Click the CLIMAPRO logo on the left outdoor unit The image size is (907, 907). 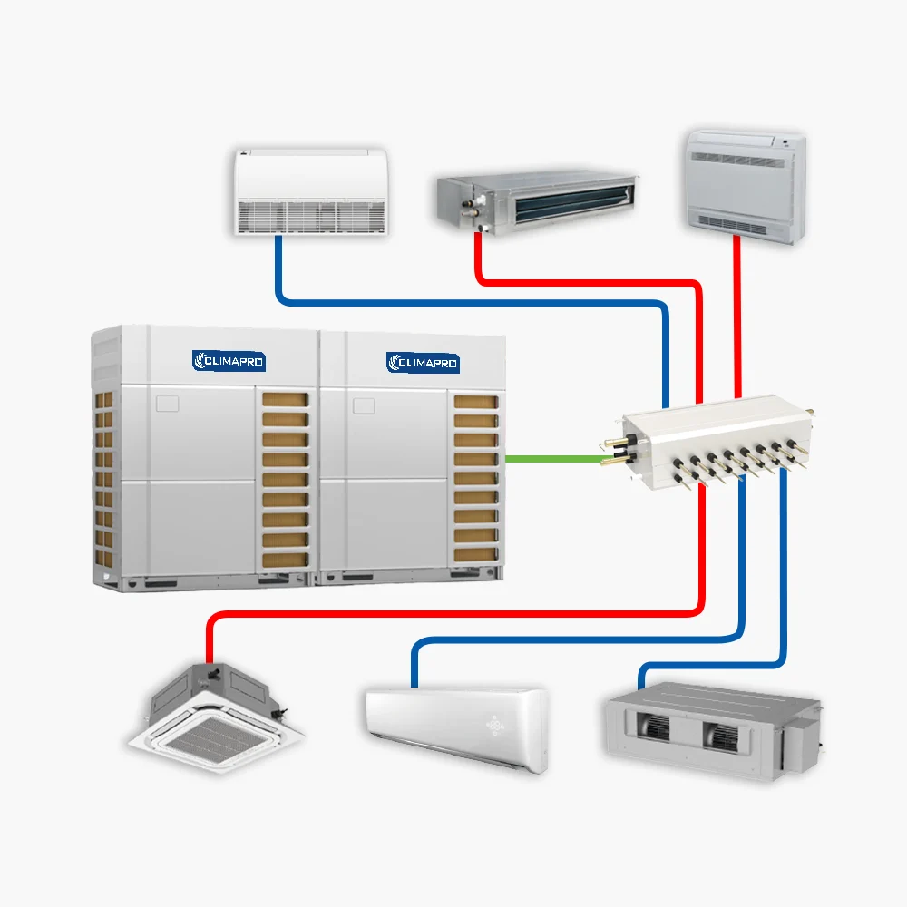tap(229, 361)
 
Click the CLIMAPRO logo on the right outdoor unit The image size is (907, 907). tap(423, 363)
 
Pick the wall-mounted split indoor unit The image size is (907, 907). tap(456, 726)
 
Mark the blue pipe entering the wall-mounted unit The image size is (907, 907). tap(414, 667)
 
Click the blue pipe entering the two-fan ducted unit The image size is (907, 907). tap(642, 678)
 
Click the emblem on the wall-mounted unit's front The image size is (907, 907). tap(498, 726)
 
